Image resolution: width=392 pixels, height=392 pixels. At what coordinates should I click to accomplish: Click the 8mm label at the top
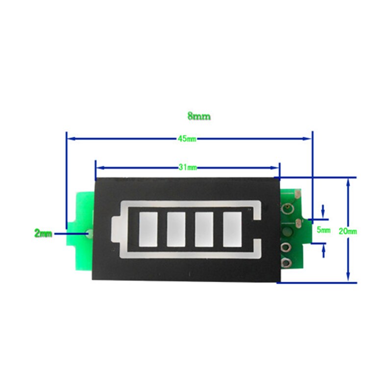coord(198,117)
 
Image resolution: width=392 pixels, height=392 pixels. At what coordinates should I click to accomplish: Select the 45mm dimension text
coord(187,139)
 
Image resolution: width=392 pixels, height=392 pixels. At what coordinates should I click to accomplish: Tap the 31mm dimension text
coord(187,168)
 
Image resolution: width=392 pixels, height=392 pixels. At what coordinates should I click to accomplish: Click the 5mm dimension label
coord(324,229)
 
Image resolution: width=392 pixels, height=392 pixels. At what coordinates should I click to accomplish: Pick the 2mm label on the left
coord(43,234)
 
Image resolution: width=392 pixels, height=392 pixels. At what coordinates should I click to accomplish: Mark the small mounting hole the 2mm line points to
coord(88,234)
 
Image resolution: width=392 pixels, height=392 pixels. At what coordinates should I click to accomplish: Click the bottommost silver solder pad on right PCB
coord(286,262)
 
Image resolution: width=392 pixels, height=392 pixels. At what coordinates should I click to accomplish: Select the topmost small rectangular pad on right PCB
coord(297,196)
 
